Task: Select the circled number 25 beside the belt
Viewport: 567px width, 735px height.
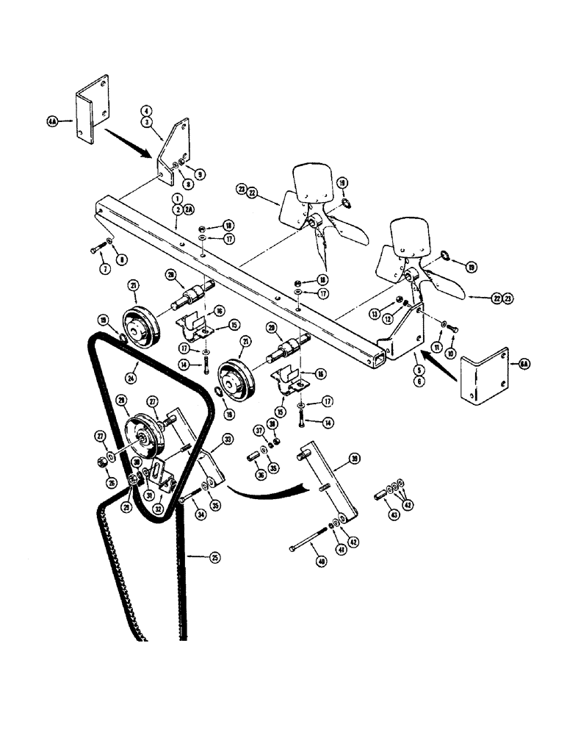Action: point(214,558)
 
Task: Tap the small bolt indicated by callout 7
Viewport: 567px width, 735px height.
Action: point(96,250)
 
